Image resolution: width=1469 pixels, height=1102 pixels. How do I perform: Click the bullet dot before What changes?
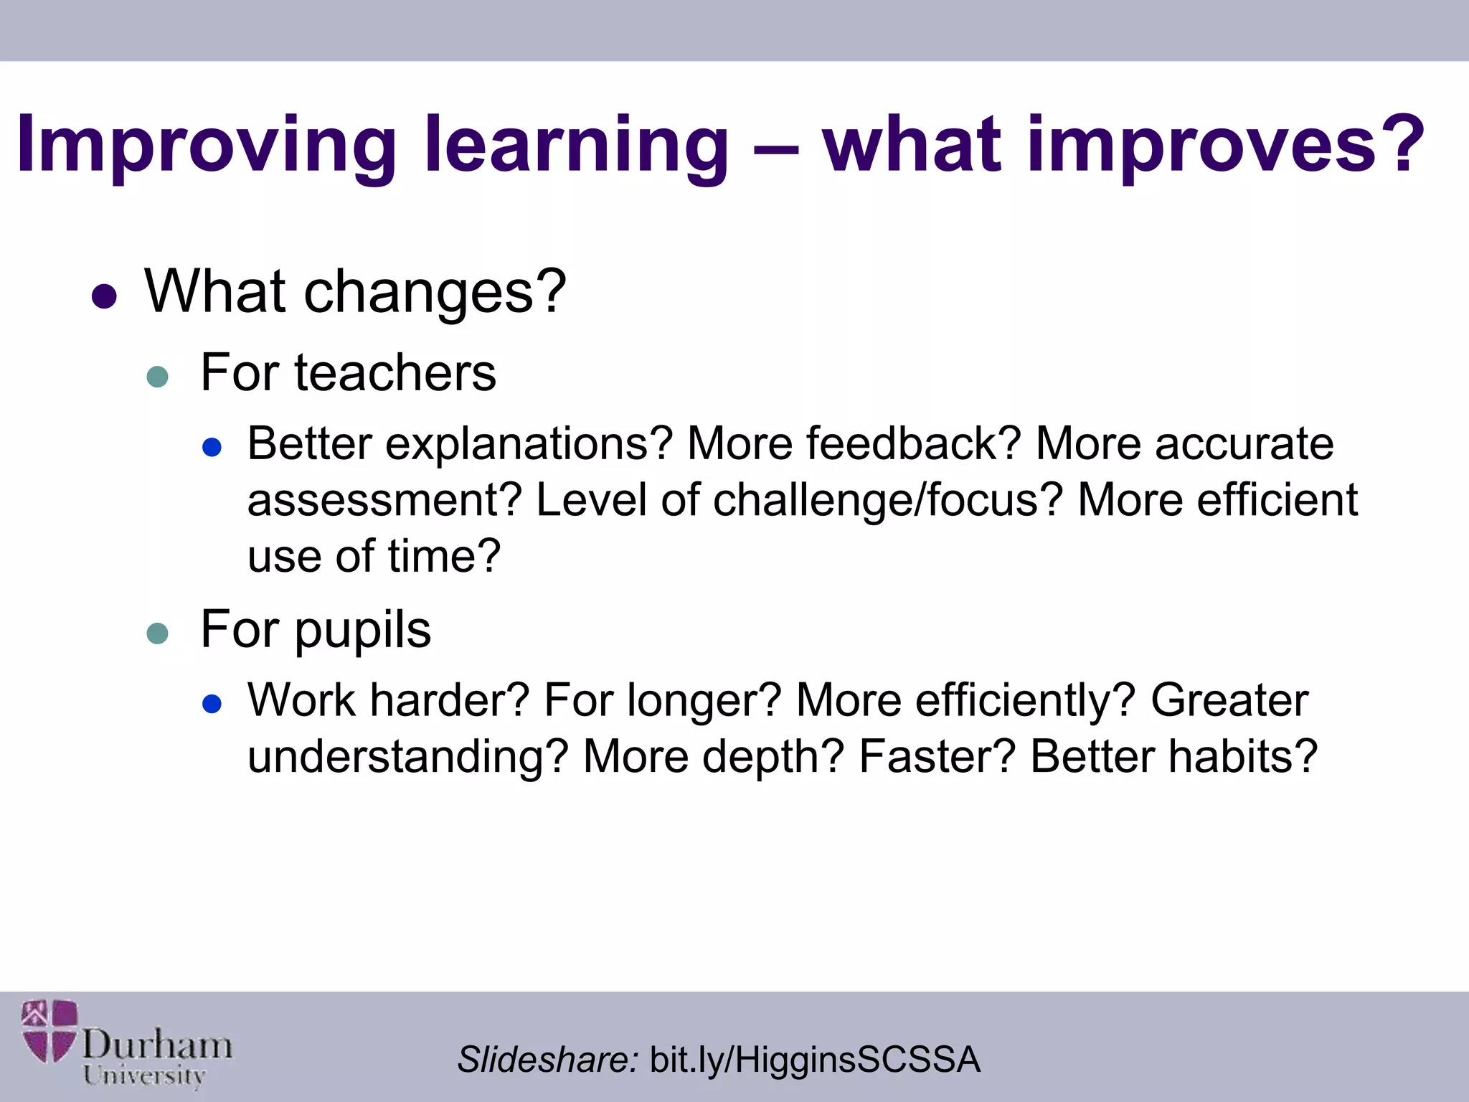[x=105, y=296]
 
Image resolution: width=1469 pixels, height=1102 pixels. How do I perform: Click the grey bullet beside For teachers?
[x=157, y=376]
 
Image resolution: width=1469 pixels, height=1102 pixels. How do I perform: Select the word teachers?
[x=395, y=373]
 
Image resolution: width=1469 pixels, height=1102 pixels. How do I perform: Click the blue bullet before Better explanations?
[x=212, y=448]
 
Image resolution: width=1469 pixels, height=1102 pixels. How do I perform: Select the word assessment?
[x=374, y=500]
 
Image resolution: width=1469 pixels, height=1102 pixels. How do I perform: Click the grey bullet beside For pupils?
[x=157, y=633]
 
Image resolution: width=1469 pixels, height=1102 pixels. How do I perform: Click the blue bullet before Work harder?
[x=212, y=704]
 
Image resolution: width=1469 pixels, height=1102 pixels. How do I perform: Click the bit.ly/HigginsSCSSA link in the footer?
[x=814, y=1060]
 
